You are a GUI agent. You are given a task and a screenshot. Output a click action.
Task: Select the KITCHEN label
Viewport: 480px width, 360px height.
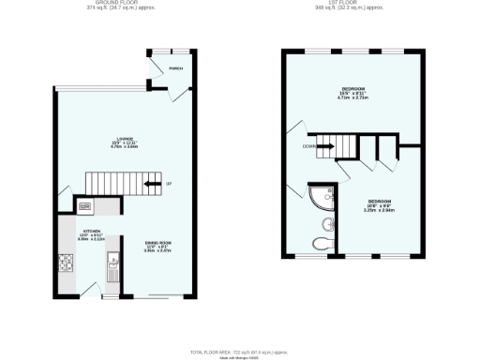[91, 231]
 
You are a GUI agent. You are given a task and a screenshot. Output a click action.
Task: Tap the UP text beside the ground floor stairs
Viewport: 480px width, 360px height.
[168, 184]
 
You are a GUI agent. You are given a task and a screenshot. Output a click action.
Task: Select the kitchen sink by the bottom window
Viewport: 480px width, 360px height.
[111, 273]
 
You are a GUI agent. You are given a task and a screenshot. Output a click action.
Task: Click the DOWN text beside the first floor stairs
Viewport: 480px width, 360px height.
[308, 146]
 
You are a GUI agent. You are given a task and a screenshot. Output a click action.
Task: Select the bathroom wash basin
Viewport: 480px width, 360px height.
[326, 223]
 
